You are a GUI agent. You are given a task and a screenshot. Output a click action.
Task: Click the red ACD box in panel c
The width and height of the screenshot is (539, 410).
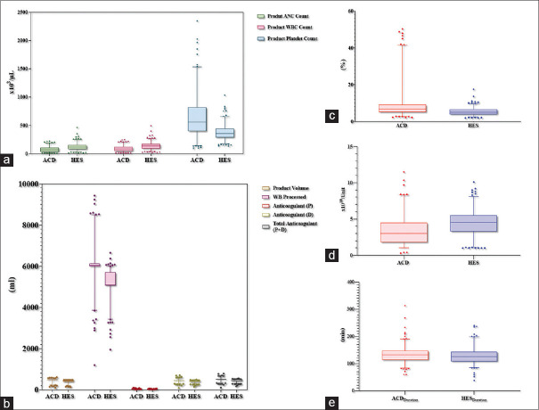click(x=402, y=108)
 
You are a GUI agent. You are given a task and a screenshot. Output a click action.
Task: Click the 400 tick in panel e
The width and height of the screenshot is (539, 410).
click(x=348, y=283)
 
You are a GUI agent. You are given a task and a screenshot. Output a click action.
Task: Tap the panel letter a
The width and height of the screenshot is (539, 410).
click(x=8, y=161)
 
